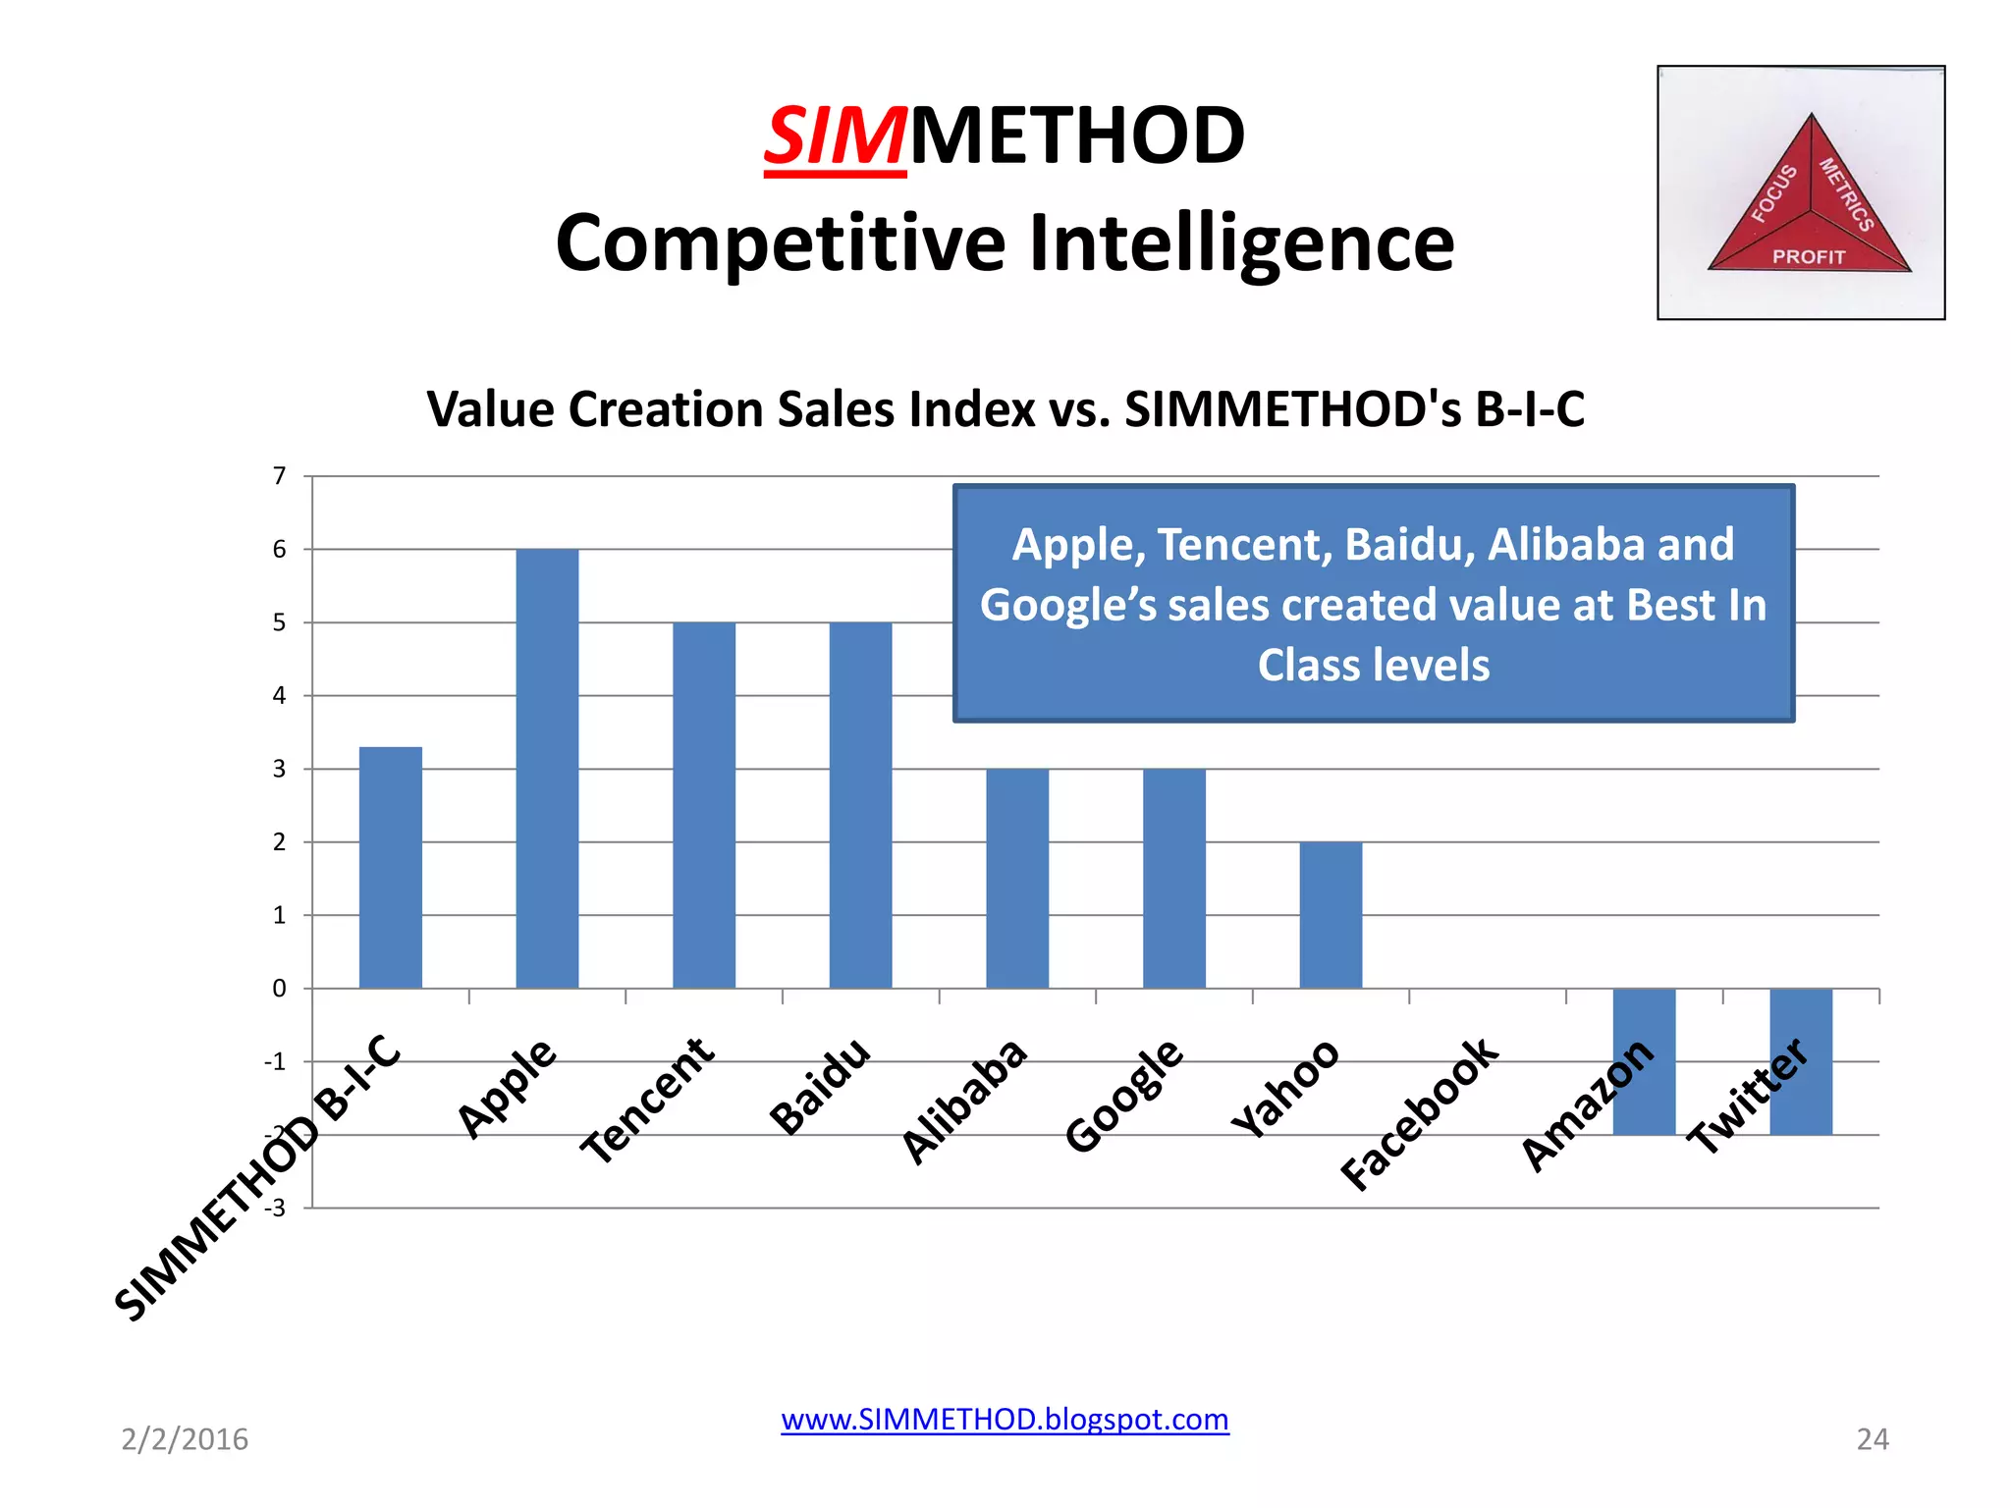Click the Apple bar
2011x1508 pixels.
(x=547, y=768)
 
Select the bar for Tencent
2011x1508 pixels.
(x=704, y=804)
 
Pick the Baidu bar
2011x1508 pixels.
(x=860, y=804)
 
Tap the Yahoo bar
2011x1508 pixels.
(x=1331, y=914)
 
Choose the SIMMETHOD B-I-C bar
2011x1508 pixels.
(x=391, y=867)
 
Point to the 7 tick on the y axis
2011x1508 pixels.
(x=280, y=476)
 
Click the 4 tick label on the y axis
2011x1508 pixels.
(x=280, y=696)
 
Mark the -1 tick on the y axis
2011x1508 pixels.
(x=275, y=1061)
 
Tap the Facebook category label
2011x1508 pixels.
(x=1420, y=1113)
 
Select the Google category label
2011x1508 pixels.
(x=1124, y=1095)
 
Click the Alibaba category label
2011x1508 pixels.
(x=965, y=1101)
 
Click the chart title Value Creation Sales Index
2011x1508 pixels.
(x=1005, y=409)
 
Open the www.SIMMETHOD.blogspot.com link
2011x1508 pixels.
(x=1005, y=1420)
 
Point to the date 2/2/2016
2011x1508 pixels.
(x=185, y=1439)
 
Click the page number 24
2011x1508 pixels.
(x=1872, y=1439)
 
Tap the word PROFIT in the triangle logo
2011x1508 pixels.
(x=1809, y=257)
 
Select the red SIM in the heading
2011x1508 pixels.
(x=835, y=136)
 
